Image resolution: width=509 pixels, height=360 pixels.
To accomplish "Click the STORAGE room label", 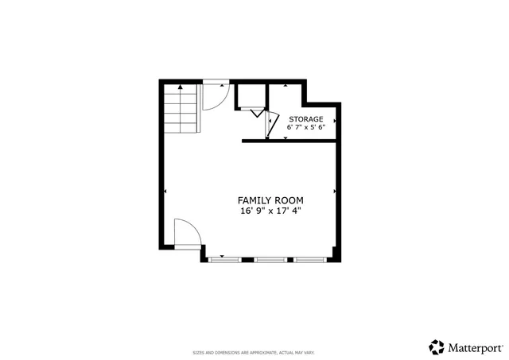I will tap(305, 118).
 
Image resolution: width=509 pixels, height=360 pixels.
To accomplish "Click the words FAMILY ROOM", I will tap(270, 199).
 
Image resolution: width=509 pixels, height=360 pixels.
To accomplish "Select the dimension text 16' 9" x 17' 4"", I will tap(270, 211).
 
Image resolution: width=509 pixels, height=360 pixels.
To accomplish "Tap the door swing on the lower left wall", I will tap(186, 235).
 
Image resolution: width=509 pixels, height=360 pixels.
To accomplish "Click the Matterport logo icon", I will tap(437, 346).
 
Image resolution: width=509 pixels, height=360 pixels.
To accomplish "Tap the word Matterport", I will tap(474, 347).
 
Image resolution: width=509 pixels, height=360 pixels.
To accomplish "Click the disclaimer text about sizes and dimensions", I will tap(254, 352).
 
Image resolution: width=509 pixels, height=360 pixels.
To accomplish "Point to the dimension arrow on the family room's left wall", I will tap(165, 192).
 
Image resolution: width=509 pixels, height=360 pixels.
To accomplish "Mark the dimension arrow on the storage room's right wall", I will tap(339, 122).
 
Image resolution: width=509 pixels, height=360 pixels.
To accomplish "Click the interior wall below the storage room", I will tap(292, 141).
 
